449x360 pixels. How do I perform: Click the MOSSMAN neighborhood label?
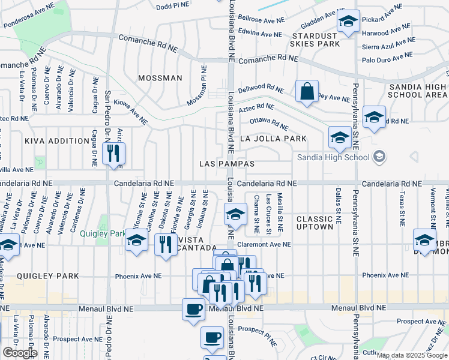point(160,78)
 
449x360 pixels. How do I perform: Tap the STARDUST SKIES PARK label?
point(315,39)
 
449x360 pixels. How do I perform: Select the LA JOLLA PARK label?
point(273,139)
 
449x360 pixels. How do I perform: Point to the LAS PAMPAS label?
point(228,164)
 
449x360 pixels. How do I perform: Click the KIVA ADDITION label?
point(57,141)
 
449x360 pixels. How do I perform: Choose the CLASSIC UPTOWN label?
point(315,223)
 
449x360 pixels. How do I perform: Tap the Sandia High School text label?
point(333,158)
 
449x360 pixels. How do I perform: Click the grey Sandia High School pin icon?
point(379,157)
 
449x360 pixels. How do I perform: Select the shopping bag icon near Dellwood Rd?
point(307,92)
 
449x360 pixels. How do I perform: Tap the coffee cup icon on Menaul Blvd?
point(193,310)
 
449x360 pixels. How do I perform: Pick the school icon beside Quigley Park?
point(137,241)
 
